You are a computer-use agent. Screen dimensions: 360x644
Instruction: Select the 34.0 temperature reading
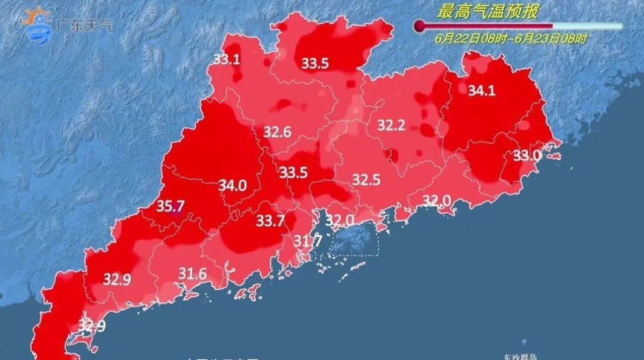point(232,185)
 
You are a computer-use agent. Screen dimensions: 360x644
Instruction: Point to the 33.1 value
point(227,58)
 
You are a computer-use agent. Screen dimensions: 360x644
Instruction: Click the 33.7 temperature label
point(271,221)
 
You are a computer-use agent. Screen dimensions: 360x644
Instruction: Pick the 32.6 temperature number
point(277,132)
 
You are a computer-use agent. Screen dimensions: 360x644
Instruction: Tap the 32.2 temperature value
point(391,125)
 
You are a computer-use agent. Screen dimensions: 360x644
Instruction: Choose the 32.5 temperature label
point(366,179)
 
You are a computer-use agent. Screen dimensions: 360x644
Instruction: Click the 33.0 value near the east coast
point(527,156)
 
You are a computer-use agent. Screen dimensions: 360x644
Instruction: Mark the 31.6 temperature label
point(193,274)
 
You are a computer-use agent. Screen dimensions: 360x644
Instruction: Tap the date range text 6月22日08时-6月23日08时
point(511,39)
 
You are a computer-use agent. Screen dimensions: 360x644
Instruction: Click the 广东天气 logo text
point(83,26)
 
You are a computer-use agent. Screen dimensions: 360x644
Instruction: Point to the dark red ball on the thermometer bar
point(419,26)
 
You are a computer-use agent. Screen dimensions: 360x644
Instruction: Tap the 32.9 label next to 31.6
point(117,279)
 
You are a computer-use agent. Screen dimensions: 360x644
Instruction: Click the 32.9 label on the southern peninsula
point(92,326)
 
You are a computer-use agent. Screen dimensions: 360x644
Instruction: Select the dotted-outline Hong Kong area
point(354,243)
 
